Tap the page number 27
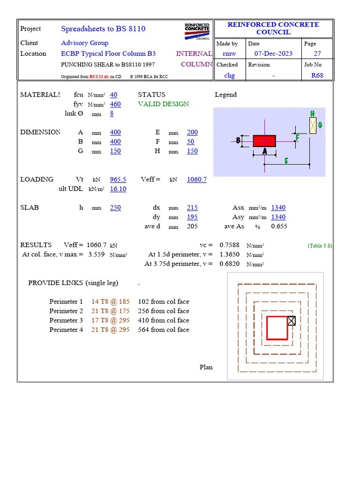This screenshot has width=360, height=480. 317,53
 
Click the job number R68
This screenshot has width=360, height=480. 317,75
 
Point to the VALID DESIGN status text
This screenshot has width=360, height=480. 164,104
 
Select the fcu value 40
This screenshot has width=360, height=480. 113,95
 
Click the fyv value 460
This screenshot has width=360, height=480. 115,104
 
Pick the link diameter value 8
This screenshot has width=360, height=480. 112,113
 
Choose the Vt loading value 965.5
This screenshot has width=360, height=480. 118,180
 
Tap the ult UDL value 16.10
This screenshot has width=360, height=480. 118,189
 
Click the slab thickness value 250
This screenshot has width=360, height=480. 115,208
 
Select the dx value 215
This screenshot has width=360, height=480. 192,208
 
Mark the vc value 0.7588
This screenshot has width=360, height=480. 230,245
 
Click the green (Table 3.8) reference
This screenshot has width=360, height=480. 320,246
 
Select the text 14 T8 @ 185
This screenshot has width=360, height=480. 111,302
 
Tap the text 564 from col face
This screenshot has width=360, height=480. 164,330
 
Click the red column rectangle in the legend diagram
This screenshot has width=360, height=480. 264,141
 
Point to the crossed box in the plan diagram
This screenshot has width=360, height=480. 292,321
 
